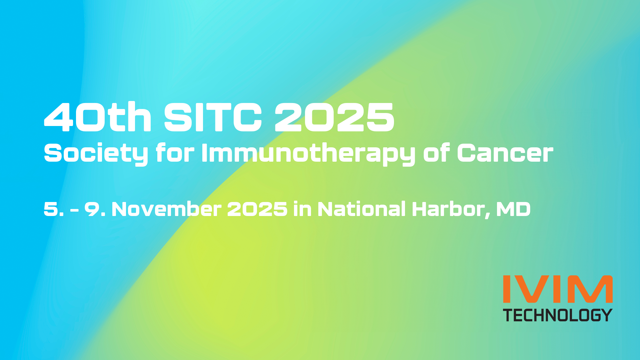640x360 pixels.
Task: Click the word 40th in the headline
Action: point(98,117)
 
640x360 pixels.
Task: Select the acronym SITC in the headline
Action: point(213,117)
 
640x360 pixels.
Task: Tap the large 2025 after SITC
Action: point(334,117)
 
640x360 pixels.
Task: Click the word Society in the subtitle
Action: point(96,154)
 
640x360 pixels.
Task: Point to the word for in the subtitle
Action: point(175,153)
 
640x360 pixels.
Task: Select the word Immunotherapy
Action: point(308,154)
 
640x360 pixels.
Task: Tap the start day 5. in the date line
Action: point(54,209)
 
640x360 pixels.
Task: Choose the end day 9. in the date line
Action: point(95,209)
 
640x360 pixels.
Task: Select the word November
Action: point(166,209)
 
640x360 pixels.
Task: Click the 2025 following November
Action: point(257,209)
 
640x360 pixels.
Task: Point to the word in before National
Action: point(302,209)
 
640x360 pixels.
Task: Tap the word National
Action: point(362,209)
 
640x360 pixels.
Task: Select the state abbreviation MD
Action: point(513,209)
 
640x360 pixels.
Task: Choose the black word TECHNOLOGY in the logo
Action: point(558,315)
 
